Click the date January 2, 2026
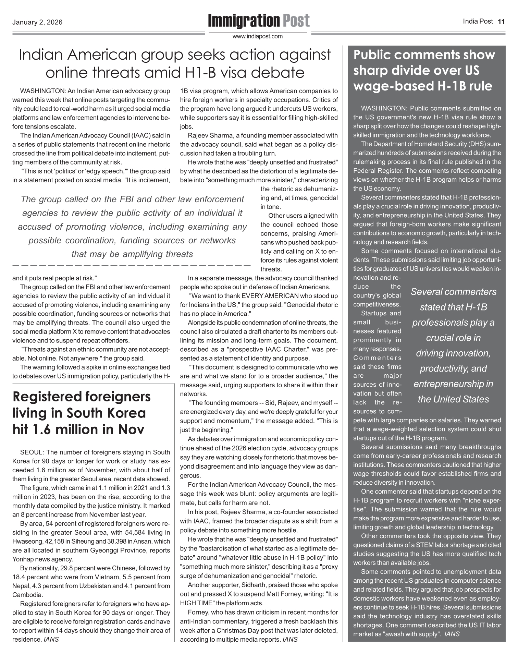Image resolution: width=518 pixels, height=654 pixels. [x=37, y=23]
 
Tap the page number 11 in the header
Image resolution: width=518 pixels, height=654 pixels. [x=501, y=22]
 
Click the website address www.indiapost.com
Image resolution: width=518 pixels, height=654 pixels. [x=258, y=36]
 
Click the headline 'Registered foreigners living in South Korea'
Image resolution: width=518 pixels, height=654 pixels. [x=81, y=413]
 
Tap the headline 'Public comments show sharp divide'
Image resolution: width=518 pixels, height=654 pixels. [x=424, y=70]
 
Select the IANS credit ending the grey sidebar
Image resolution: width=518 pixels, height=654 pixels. [x=452, y=634]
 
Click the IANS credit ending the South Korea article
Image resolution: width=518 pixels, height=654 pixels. [x=51, y=639]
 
